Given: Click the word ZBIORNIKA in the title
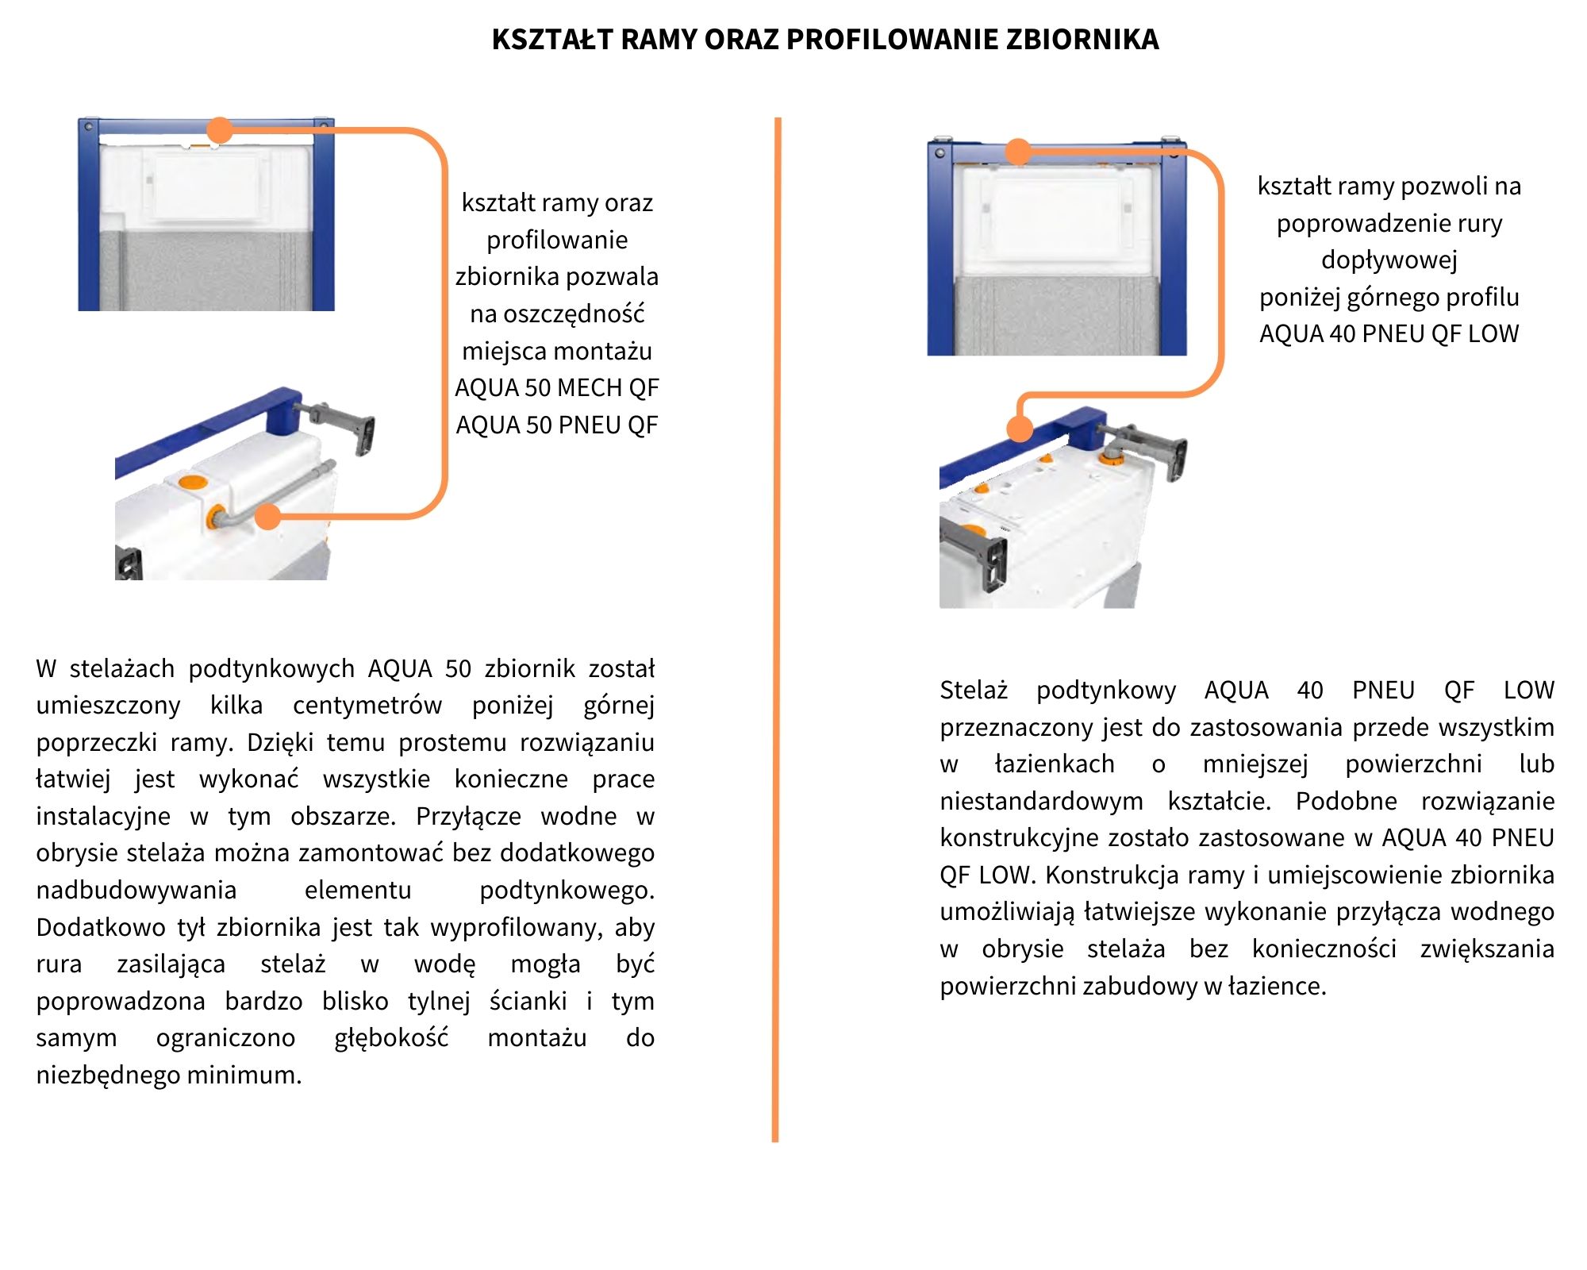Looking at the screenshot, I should pos(1082,39).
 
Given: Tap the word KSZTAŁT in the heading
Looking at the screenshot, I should pos(551,39).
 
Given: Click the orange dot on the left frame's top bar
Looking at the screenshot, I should pos(220,130).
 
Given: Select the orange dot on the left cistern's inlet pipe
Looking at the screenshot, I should pos(268,517).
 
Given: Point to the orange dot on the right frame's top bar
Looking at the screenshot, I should pos(1018,152).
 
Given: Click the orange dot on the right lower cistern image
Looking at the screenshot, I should pos(1020,429).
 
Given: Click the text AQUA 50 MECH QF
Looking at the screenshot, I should pos(557,388).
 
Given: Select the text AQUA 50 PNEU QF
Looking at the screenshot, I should pos(557,425).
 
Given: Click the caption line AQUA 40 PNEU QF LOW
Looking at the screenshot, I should pos(1389,334).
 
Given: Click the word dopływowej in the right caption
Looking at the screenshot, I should pos(1389,260).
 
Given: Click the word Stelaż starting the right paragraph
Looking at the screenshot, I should pos(974,691).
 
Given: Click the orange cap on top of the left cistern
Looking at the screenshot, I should pos(193,483).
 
